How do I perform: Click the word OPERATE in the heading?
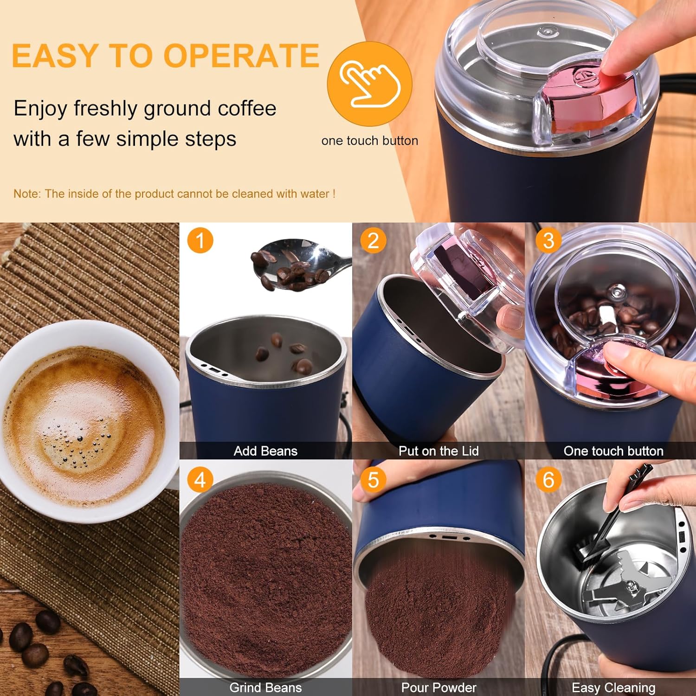pyautogui.click(x=241, y=56)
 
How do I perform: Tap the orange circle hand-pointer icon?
pyautogui.click(x=369, y=84)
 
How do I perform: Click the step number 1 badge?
pyautogui.click(x=200, y=240)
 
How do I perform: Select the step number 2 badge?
pyautogui.click(x=373, y=240)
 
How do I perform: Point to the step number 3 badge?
pyautogui.click(x=548, y=240)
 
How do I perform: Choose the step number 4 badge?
pyautogui.click(x=200, y=480)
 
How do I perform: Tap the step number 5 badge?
pyautogui.click(x=373, y=480)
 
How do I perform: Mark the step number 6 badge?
pyautogui.click(x=548, y=480)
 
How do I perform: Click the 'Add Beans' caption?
pyautogui.click(x=265, y=451)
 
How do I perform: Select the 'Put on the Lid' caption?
pyautogui.click(x=438, y=451)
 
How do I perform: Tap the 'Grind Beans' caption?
pyautogui.click(x=265, y=688)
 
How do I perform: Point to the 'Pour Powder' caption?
pyautogui.click(x=438, y=688)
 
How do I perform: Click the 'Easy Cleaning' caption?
pyautogui.click(x=613, y=688)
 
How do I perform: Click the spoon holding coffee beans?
pyautogui.click(x=297, y=264)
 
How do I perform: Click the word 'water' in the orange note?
pyautogui.click(x=316, y=194)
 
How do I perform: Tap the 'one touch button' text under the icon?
pyautogui.click(x=369, y=141)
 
